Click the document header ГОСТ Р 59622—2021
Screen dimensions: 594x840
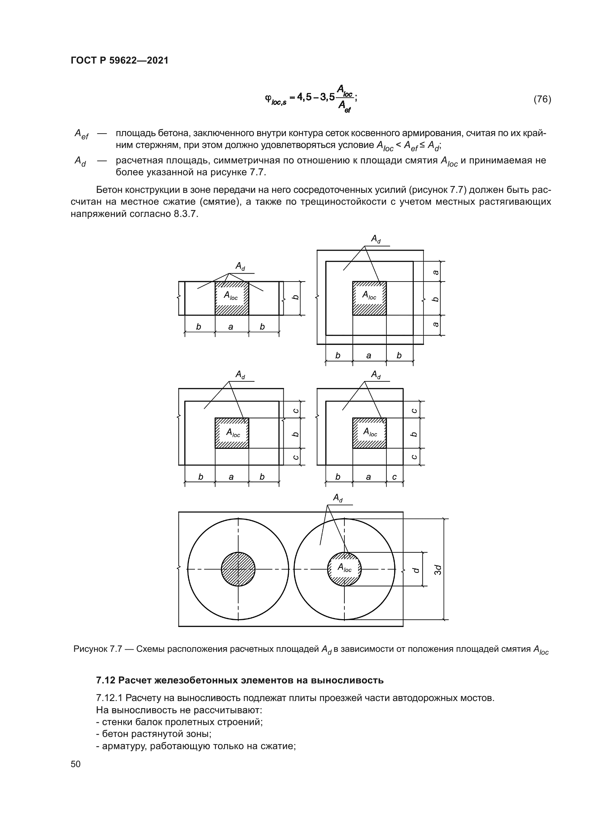(120, 60)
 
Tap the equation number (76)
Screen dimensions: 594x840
(542, 99)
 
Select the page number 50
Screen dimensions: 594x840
(76, 764)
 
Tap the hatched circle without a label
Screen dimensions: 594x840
(238, 569)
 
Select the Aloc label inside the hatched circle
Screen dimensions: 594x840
(344, 568)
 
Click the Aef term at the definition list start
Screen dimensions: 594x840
(81, 134)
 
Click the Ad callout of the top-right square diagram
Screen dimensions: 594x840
(376, 239)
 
